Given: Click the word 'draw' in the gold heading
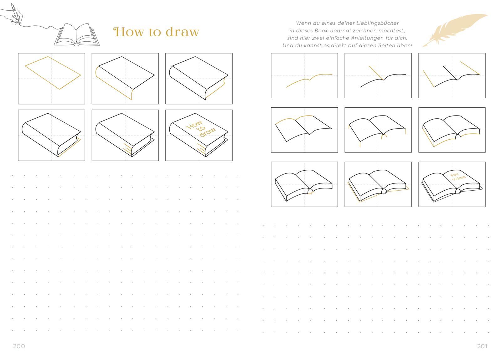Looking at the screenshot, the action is pyautogui.click(x=182, y=32).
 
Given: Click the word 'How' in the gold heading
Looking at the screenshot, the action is pyautogui.click(x=129, y=32).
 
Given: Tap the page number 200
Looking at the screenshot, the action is pyautogui.click(x=19, y=346).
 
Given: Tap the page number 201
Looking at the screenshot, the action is pyautogui.click(x=482, y=346).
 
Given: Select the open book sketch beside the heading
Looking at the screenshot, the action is pyautogui.click(x=77, y=35).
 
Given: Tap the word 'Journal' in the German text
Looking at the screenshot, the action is pyautogui.click(x=341, y=30).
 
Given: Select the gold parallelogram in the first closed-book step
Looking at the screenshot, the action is pyautogui.click(x=53, y=73).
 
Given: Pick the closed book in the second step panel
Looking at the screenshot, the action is pyautogui.click(x=125, y=78).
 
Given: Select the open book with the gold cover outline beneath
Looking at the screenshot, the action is pyautogui.click(x=378, y=186).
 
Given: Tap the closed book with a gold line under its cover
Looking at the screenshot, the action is pyautogui.click(x=51, y=135).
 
